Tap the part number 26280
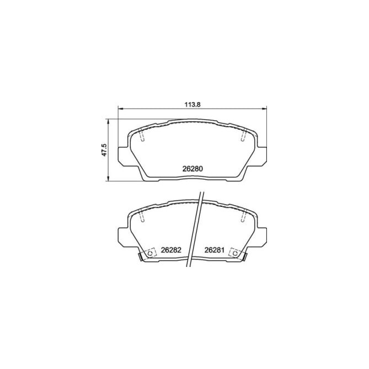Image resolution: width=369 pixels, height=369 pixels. point(192,169)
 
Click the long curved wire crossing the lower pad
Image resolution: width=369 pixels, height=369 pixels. point(195,232)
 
